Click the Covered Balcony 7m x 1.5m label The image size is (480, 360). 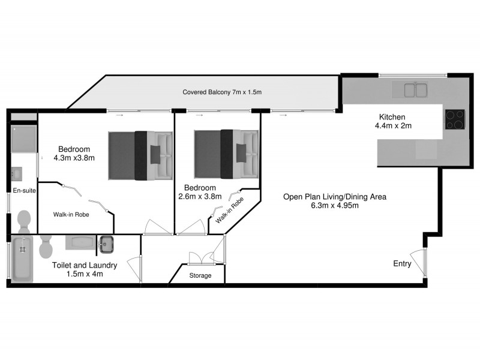tap(223, 92)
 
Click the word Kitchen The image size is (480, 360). tap(392, 117)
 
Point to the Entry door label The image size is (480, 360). tap(402, 263)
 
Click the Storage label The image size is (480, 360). tap(200, 275)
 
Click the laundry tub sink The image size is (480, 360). tap(106, 244)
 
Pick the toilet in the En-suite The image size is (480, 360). tap(24, 221)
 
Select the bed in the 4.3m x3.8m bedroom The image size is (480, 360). tap(139, 155)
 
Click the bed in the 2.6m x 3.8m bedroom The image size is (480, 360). tap(226, 154)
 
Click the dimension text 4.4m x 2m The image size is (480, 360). tap(393, 126)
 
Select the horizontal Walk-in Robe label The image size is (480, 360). tap(71, 214)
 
